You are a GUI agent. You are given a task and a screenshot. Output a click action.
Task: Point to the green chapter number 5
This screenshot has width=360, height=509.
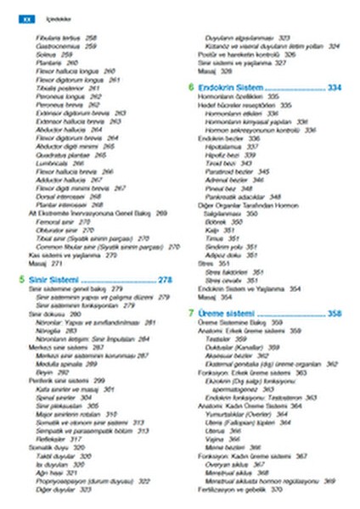click(x=20, y=278)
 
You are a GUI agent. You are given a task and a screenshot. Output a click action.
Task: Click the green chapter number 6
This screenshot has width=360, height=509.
click(x=190, y=87)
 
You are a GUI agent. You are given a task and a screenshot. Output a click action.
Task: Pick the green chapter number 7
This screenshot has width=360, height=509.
click(x=190, y=313)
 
